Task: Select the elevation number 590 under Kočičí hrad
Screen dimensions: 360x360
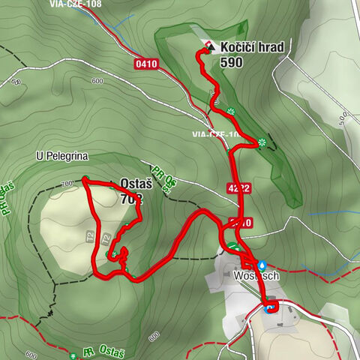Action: pyautogui.click(x=232, y=62)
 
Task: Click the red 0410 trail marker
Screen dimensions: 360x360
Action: pyautogui.click(x=147, y=64)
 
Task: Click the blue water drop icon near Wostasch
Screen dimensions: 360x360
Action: pyautogui.click(x=262, y=265)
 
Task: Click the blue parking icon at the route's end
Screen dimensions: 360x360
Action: pyautogui.click(x=269, y=306)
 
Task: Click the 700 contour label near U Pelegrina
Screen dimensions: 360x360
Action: pyautogui.click(x=69, y=183)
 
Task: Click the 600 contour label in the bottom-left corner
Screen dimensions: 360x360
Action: pyautogui.click(x=31, y=355)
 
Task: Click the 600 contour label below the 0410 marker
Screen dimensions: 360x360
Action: pyautogui.click(x=96, y=81)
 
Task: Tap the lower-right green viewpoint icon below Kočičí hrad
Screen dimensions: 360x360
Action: pyautogui.click(x=262, y=142)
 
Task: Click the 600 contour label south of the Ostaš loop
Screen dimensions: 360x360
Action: pyautogui.click(x=154, y=334)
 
